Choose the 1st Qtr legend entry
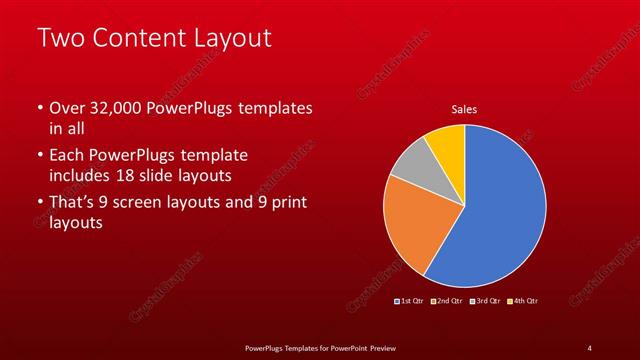click(409, 300)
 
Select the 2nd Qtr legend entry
click(447, 300)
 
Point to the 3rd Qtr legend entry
click(485, 300)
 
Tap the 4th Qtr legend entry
click(523, 300)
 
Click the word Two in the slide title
click(60, 39)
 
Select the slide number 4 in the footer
click(590, 348)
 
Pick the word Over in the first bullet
click(66, 109)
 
